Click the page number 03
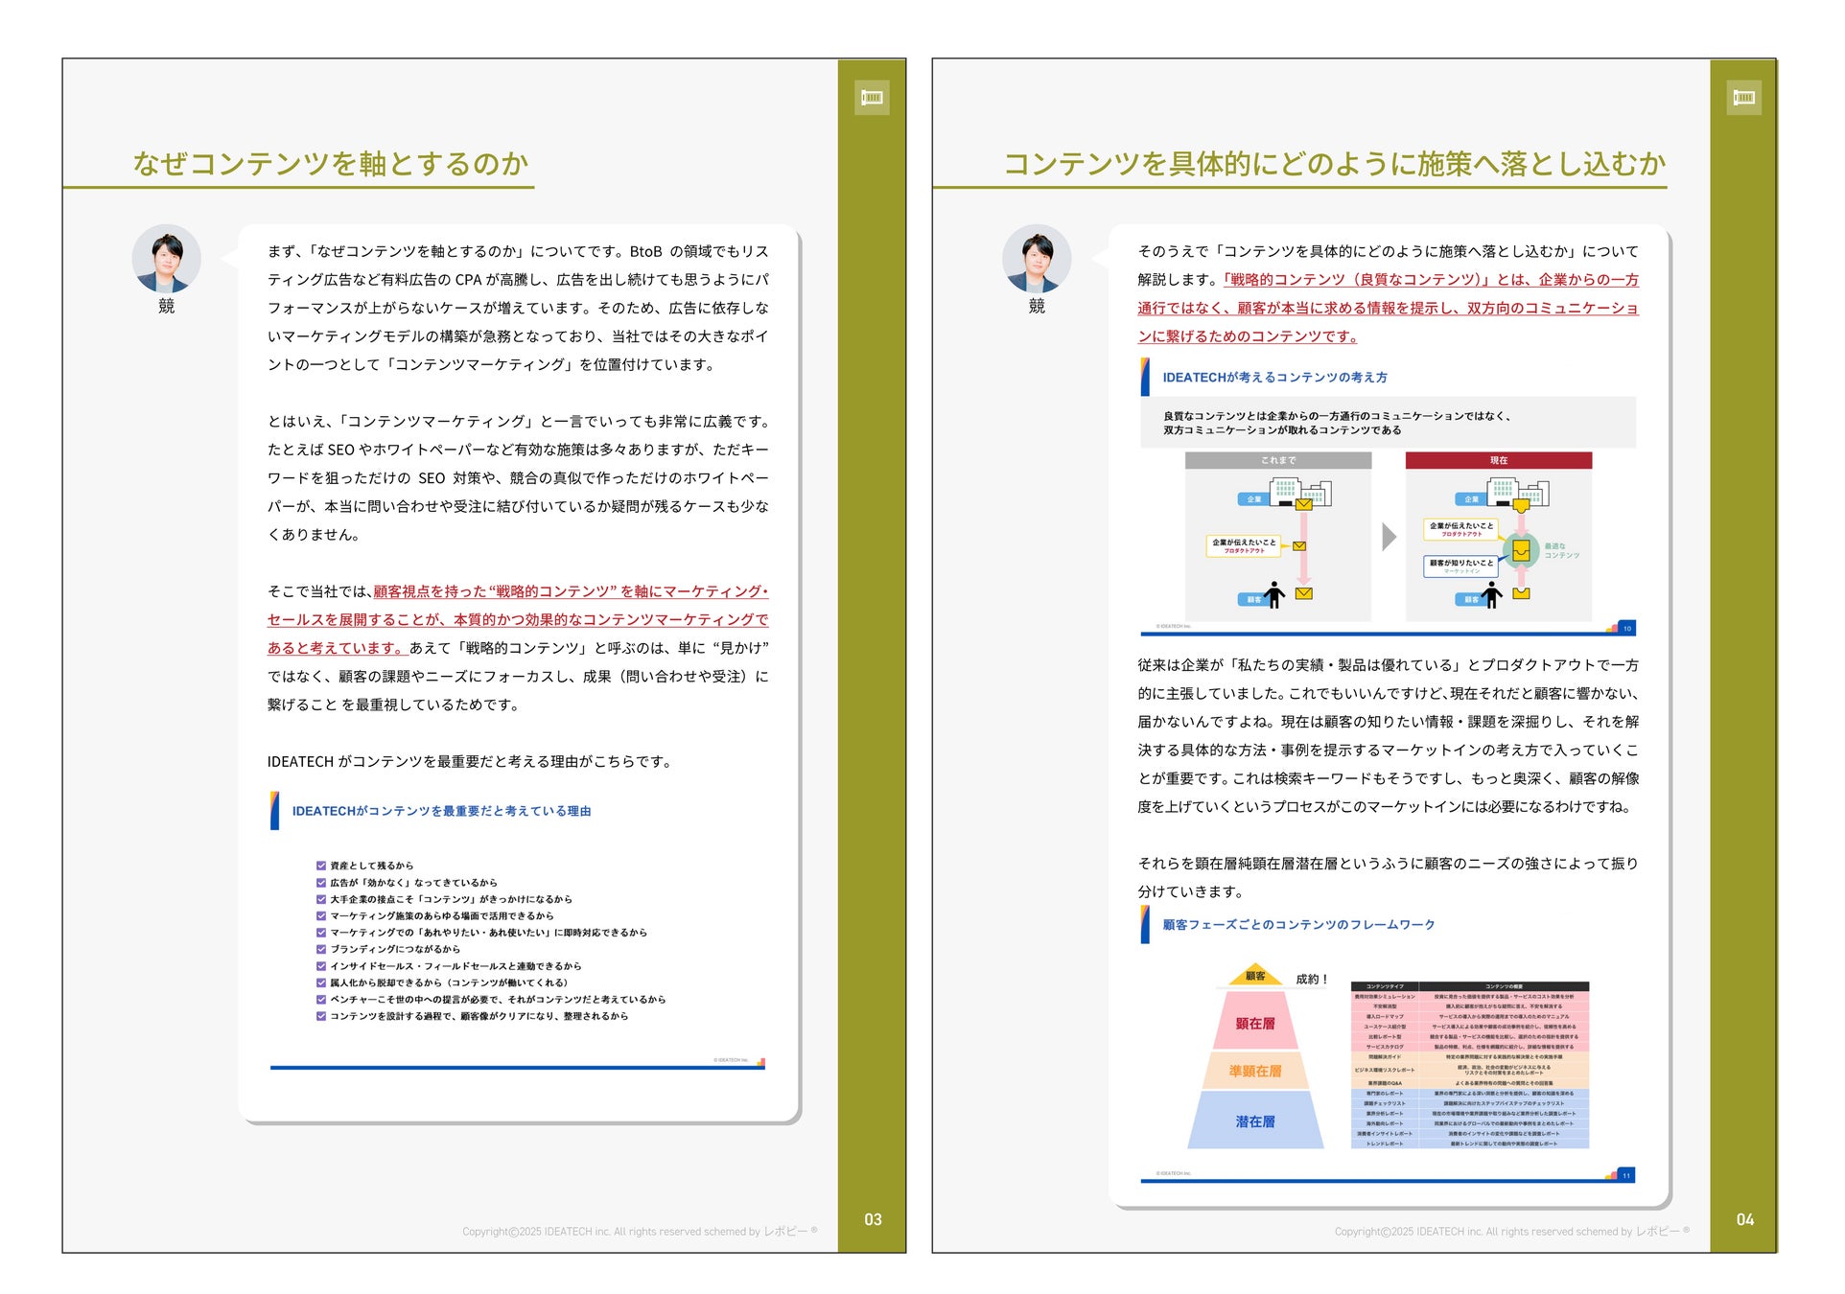872,1219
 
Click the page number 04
1744,1219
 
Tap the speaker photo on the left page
166,259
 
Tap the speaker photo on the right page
1036,259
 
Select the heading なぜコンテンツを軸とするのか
331,164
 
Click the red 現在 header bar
1498,461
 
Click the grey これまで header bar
1277,461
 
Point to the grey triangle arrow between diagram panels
1389,537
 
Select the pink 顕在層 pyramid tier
1254,1023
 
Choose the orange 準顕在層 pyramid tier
1254,1071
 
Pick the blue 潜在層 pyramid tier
1254,1121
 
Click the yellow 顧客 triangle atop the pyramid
1254,976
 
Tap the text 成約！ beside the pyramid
1311,979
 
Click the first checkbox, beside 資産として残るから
321,866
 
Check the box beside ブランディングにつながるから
321,949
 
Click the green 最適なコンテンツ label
1560,550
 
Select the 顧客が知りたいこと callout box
1460,566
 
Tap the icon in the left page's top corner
872,97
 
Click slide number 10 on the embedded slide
1626,629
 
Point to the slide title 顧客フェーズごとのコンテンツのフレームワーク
1298,925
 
